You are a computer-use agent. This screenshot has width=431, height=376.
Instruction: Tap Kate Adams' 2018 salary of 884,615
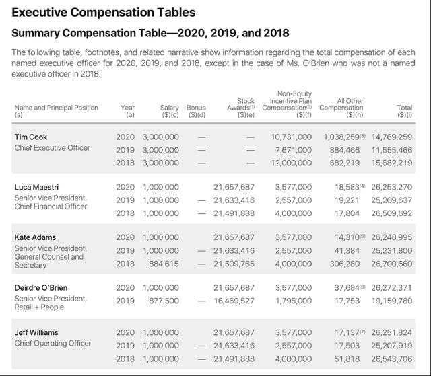pyautogui.click(x=162, y=264)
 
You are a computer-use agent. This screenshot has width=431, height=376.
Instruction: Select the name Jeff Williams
pyautogui.click(x=36, y=332)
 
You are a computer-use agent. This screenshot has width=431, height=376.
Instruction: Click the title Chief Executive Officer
pyautogui.click(x=52, y=147)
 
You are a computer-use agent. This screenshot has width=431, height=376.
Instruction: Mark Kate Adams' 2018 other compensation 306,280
pyautogui.click(x=343, y=264)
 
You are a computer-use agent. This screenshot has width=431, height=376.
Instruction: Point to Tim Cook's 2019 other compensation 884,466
pyautogui.click(x=343, y=150)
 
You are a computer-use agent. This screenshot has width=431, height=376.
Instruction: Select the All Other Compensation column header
pyautogui.click(x=341, y=108)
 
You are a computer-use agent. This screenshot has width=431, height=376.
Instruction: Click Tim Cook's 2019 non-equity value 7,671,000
pyautogui.click(x=292, y=150)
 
